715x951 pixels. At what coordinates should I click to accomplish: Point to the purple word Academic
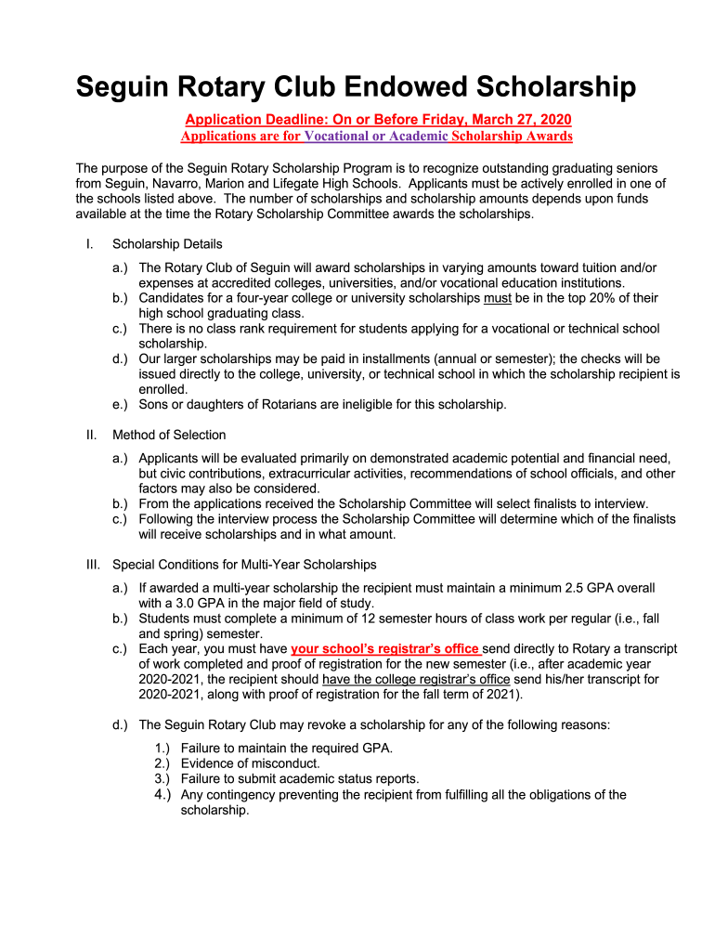click(x=418, y=137)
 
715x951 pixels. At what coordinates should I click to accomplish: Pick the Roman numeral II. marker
click(x=91, y=435)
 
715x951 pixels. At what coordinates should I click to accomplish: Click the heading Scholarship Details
click(x=167, y=244)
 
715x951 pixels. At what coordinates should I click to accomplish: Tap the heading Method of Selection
click(x=169, y=435)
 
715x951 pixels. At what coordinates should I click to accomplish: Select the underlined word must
click(x=497, y=298)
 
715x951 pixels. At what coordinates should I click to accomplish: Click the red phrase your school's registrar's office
click(x=384, y=648)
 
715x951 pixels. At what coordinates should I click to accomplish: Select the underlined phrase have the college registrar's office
click(x=415, y=679)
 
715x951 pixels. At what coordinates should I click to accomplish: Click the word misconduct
click(x=280, y=763)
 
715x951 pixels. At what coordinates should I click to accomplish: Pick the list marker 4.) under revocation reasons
click(x=162, y=795)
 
